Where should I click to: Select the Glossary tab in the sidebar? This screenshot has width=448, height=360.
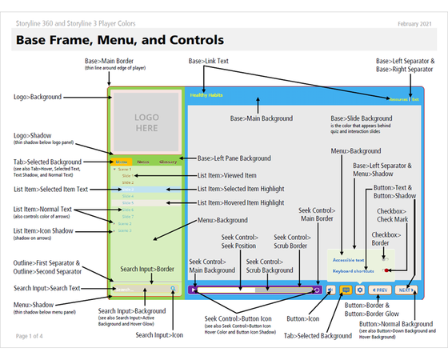coord(168,162)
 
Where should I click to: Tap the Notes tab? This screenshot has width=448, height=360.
coord(143,162)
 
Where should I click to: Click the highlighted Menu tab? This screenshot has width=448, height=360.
coord(120,162)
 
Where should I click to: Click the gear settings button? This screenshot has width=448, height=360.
coord(360,290)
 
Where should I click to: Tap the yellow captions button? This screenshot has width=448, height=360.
coord(346,290)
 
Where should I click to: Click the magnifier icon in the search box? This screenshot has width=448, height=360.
coord(173,289)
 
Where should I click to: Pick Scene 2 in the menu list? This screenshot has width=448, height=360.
coord(124,223)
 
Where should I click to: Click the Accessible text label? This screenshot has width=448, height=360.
coord(349,260)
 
